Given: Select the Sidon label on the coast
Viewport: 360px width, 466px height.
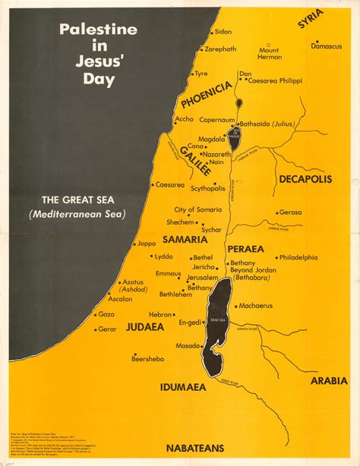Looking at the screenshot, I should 223,32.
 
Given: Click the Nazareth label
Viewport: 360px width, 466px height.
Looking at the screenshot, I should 220,153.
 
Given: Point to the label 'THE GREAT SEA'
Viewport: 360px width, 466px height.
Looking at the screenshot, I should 78,200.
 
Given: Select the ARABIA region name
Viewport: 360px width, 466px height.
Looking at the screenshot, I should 329,380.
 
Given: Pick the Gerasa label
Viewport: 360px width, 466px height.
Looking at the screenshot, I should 290,213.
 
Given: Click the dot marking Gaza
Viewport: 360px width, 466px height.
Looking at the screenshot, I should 95,314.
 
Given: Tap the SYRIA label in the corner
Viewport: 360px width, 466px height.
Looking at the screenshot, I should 310,18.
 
